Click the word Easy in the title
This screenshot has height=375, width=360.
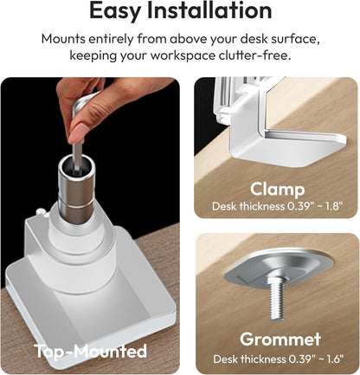pyautogui.click(x=115, y=10)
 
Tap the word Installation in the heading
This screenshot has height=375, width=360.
pyautogui.click(x=209, y=10)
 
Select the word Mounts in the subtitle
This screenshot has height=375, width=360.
pyautogui.click(x=63, y=39)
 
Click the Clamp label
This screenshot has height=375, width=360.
pyautogui.click(x=277, y=189)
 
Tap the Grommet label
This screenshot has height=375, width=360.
pyautogui.click(x=280, y=339)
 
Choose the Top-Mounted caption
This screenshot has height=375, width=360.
pyautogui.click(x=91, y=352)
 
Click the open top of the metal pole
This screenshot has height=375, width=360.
pyautogui.click(x=76, y=165)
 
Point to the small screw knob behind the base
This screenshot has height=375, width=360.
pyautogui.click(x=41, y=212)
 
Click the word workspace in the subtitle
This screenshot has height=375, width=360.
pyautogui.click(x=183, y=55)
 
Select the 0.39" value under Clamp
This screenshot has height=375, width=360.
pyautogui.click(x=299, y=206)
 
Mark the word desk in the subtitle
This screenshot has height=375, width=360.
pyautogui.click(x=253, y=39)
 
